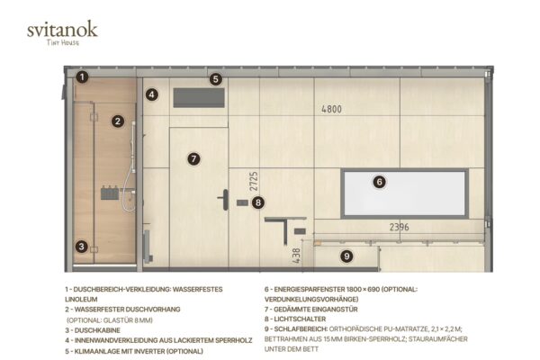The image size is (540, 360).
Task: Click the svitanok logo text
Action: [x=62, y=29]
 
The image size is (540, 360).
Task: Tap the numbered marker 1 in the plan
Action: [x=82, y=76]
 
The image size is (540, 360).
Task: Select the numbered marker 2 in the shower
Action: [x=118, y=121]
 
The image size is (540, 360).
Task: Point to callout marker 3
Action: [x=82, y=247]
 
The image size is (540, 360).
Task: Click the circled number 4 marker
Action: [x=152, y=94]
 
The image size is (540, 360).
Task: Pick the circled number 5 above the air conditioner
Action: [x=216, y=79]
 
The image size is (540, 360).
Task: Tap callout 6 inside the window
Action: [x=380, y=182]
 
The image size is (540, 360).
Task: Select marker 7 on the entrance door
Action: [x=193, y=158]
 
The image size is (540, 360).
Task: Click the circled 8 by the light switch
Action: [x=258, y=202]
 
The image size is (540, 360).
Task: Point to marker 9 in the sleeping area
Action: [x=346, y=256]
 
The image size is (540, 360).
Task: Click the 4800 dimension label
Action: [x=331, y=109]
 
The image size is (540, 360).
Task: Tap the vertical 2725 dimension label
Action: [x=254, y=181]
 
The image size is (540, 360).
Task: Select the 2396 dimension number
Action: [x=399, y=227]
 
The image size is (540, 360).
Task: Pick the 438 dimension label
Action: [x=296, y=256]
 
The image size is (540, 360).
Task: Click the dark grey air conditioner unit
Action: [x=199, y=98]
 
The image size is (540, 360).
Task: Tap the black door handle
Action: [x=224, y=200]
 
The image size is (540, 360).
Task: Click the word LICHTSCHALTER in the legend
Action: [x=300, y=319]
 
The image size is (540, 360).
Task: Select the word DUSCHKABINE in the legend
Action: [x=97, y=330]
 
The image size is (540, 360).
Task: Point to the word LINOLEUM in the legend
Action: [x=81, y=300]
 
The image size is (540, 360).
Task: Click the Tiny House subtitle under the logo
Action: [x=63, y=42]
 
